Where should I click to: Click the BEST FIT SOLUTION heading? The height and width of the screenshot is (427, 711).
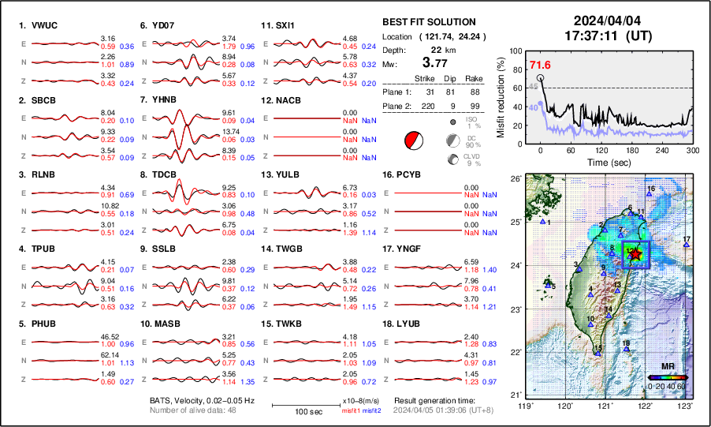coord(428,21)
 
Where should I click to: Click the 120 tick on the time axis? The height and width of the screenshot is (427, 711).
coord(601,151)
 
